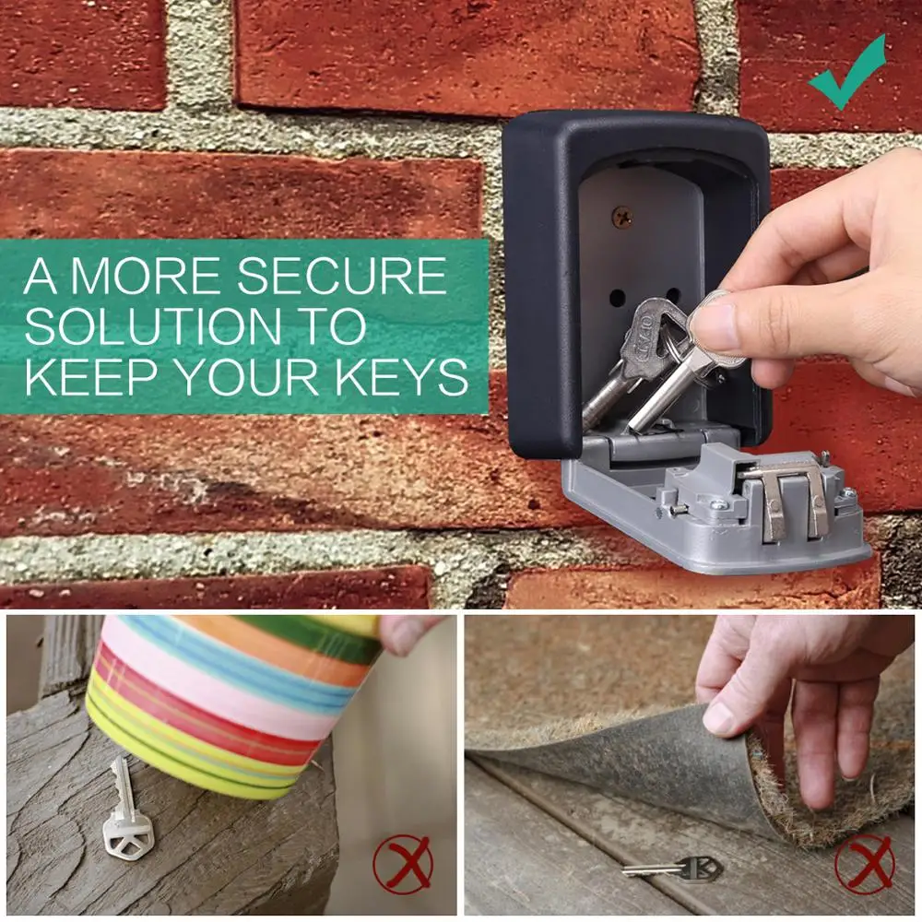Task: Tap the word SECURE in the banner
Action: click(x=342, y=276)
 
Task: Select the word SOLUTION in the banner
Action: click(x=152, y=325)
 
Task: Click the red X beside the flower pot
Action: click(x=403, y=864)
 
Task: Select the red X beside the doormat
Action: click(x=865, y=865)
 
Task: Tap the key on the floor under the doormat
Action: click(x=673, y=869)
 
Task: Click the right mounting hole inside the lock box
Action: click(x=673, y=295)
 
